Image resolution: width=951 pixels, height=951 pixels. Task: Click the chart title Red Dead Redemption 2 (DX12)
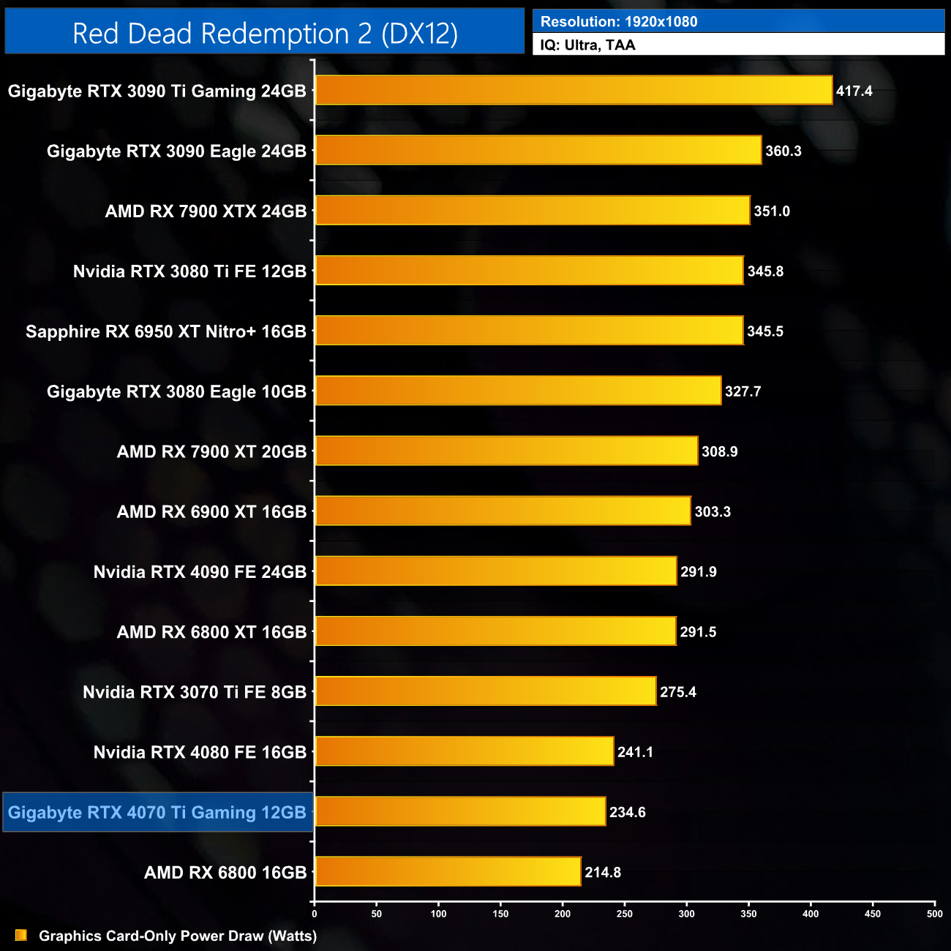(265, 34)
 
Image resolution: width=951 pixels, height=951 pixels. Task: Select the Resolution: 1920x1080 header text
(619, 22)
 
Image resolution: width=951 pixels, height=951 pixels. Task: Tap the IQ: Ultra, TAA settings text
(587, 45)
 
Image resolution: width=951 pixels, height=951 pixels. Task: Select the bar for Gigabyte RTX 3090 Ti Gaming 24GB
(574, 91)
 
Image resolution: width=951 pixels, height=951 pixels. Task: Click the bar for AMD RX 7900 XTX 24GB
(533, 211)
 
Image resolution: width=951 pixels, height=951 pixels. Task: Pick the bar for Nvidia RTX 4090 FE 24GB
(496, 571)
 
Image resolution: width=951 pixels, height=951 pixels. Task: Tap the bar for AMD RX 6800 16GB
(448, 872)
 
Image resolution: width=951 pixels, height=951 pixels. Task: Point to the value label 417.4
(854, 91)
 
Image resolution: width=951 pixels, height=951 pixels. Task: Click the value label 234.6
(628, 813)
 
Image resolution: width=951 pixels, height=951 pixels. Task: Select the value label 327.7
(743, 392)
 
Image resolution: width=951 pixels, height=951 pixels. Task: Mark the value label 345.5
(765, 332)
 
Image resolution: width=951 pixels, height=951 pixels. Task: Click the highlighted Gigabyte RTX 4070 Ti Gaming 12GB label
(157, 813)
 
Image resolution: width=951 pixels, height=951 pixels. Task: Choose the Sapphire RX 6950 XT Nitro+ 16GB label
(166, 332)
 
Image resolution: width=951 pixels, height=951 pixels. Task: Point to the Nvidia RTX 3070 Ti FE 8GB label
(195, 692)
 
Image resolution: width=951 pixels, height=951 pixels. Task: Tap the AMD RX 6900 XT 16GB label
(211, 512)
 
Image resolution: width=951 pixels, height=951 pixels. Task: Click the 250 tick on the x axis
(625, 914)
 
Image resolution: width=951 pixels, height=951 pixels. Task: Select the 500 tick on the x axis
(935, 914)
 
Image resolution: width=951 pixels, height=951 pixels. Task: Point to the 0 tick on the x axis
(315, 914)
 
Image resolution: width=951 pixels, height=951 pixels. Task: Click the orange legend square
(21, 936)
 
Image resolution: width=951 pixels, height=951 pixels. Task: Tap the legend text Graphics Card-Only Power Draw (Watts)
(178, 936)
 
